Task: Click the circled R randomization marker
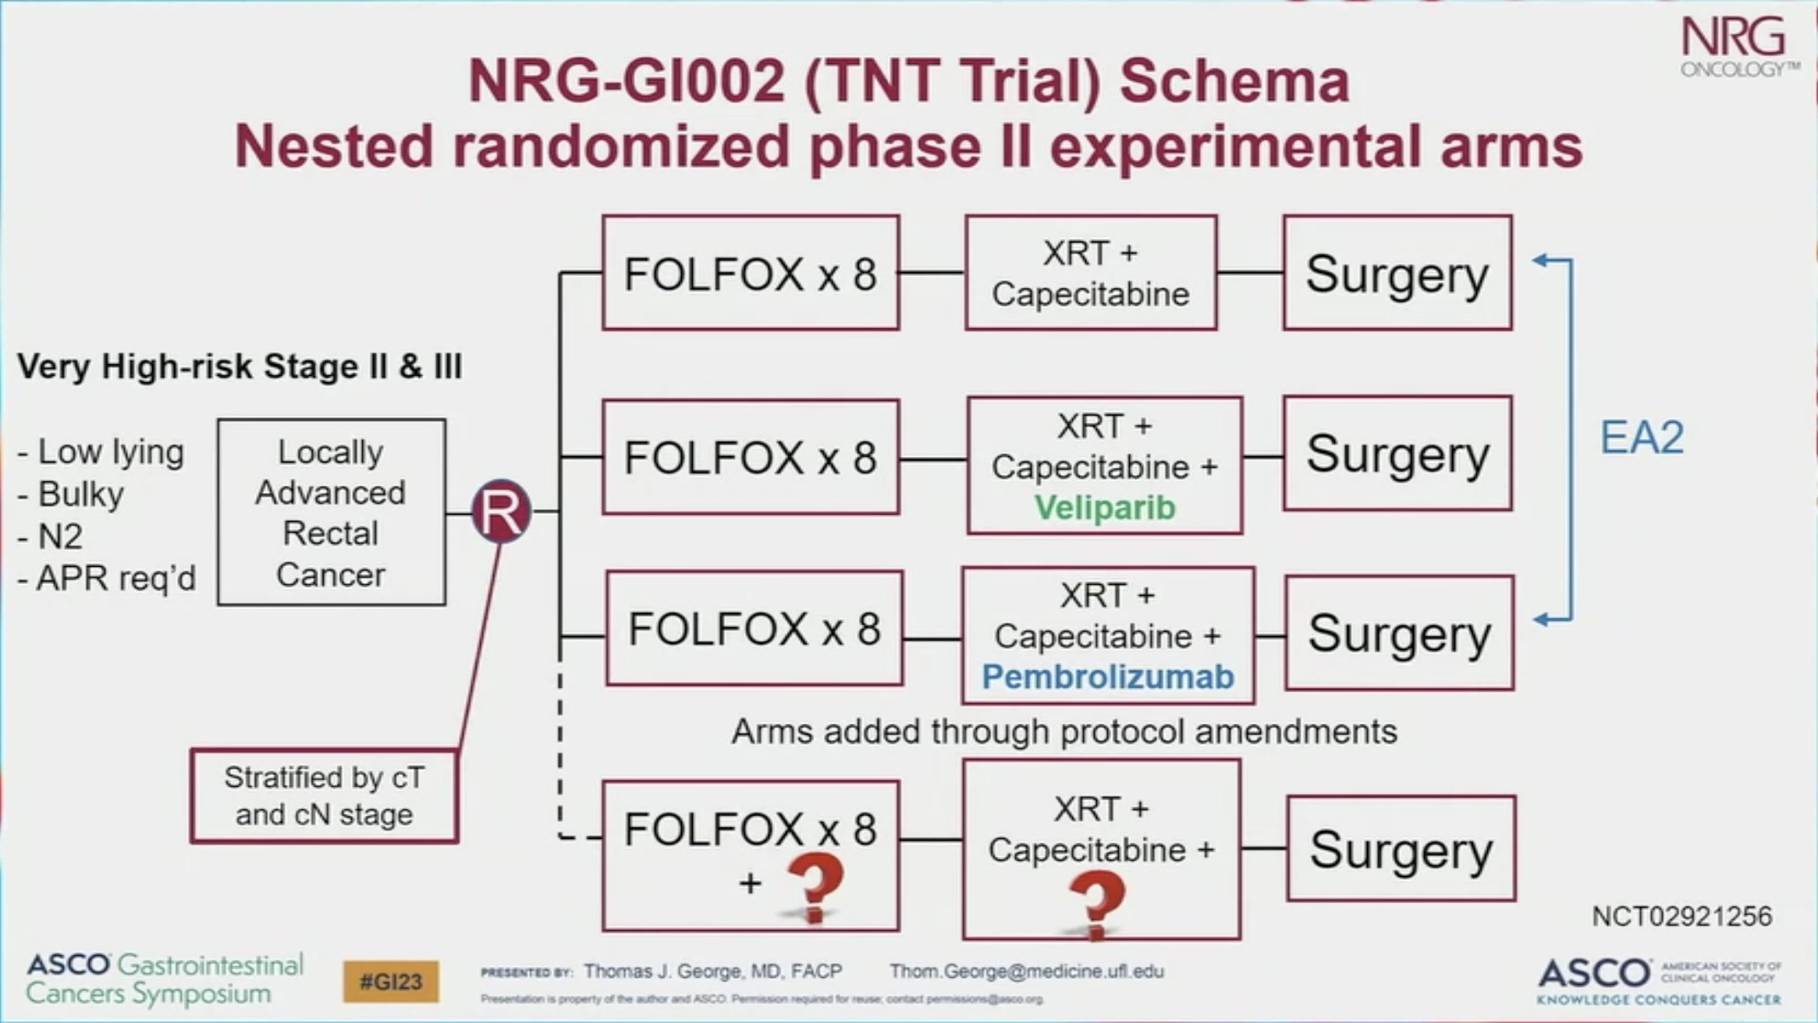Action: click(x=501, y=512)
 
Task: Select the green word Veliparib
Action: click(x=1104, y=508)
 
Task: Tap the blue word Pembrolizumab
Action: click(x=1107, y=677)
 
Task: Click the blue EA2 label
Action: click(x=1642, y=437)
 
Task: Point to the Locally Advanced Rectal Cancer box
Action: click(x=331, y=512)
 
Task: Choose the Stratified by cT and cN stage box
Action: click(x=324, y=796)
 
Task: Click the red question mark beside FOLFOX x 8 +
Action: click(x=815, y=887)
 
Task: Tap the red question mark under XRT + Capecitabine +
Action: click(x=1096, y=903)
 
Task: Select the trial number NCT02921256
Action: click(x=1681, y=916)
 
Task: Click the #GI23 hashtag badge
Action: click(x=391, y=981)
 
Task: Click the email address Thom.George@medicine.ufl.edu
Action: click(x=1026, y=972)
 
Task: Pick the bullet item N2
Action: click(x=60, y=536)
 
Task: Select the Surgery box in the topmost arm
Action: click(x=1397, y=274)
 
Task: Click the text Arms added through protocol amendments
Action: click(x=1064, y=731)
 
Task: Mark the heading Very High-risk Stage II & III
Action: click(x=240, y=366)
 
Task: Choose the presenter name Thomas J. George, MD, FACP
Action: click(x=712, y=972)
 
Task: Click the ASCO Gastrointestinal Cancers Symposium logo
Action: click(x=164, y=979)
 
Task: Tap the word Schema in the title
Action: click(x=1234, y=81)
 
